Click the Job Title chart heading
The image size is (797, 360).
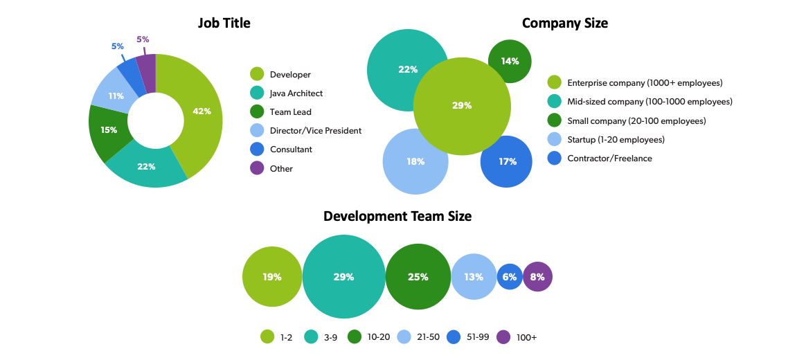[x=224, y=23]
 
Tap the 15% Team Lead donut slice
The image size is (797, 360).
[x=109, y=130]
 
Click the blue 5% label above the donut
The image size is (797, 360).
[x=118, y=46]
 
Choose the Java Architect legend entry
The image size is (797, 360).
[x=296, y=93]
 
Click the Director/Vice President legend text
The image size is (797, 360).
[x=315, y=130]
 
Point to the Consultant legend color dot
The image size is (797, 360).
[x=257, y=149]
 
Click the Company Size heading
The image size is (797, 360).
[x=564, y=23]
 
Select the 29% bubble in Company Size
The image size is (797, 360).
[x=462, y=106]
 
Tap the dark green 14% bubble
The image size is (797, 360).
[x=510, y=61]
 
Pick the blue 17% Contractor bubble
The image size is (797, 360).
[x=507, y=161]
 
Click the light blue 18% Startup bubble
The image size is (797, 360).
[x=415, y=161]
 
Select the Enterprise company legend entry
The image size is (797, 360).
[x=644, y=82]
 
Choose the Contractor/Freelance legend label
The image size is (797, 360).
[x=609, y=158]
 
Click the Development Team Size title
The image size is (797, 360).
[x=397, y=216]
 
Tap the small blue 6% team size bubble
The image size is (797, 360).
[x=510, y=277]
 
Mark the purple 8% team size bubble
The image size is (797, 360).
[x=537, y=277]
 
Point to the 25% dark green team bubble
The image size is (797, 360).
[x=418, y=277]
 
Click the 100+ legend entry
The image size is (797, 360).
[x=526, y=337]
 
